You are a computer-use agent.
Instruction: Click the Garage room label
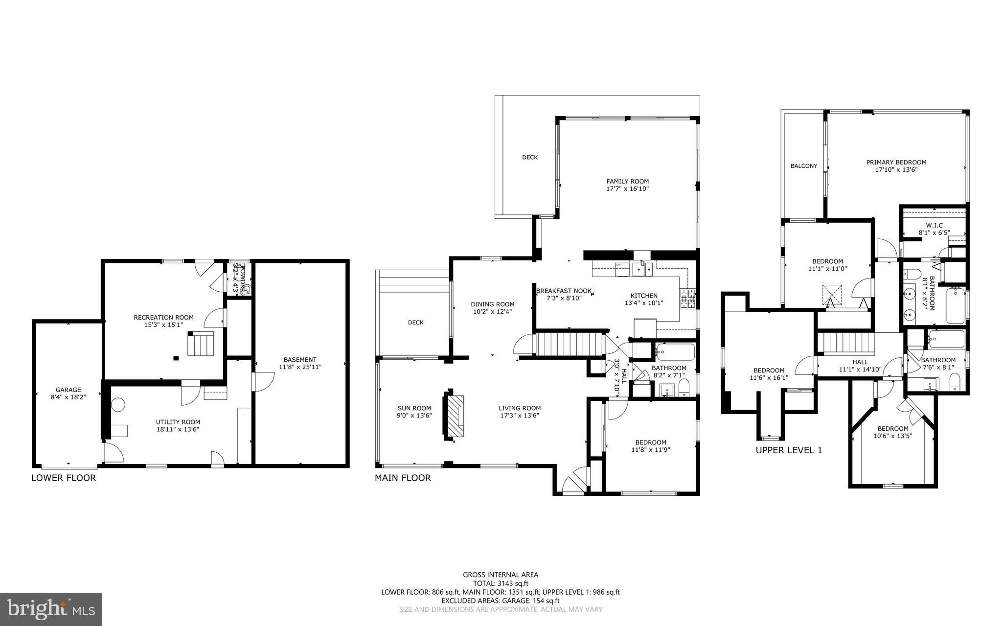[68, 390]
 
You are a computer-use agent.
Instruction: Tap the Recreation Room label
[163, 317]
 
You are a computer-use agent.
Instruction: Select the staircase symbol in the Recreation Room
[201, 344]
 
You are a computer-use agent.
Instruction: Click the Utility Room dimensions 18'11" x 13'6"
[178, 430]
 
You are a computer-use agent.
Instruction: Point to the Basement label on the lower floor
[300, 359]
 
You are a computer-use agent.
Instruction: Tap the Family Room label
[627, 181]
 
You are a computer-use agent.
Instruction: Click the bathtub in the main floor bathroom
[675, 352]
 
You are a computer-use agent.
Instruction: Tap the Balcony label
[803, 166]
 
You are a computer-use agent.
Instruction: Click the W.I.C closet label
[934, 225]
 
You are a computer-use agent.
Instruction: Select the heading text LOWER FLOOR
[64, 478]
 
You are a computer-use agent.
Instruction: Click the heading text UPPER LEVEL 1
[789, 450]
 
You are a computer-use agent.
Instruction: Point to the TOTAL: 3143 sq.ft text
[500, 583]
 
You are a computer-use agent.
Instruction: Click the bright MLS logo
[51, 609]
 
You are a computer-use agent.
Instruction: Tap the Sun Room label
[414, 408]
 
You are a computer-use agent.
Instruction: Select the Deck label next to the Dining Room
[415, 323]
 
